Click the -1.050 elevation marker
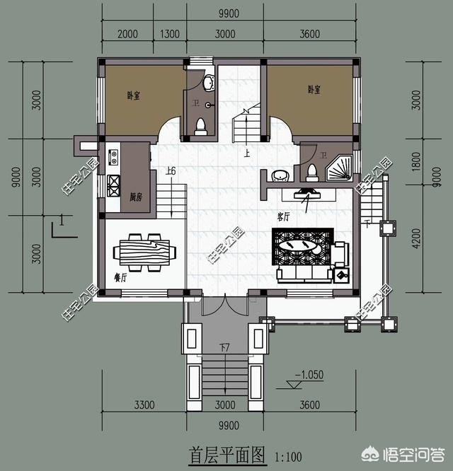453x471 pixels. pyautogui.click(x=310, y=375)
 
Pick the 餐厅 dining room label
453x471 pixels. pyautogui.click(x=120, y=278)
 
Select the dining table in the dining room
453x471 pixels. pyautogui.click(x=146, y=251)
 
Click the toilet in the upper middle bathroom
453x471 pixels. pyautogui.click(x=200, y=127)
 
